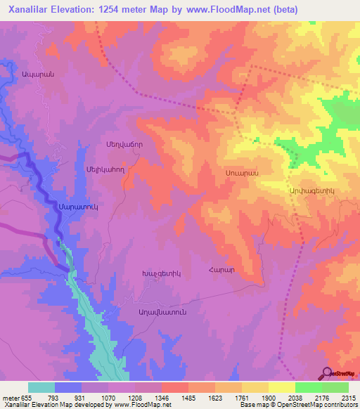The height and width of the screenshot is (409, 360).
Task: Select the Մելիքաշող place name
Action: [105, 169]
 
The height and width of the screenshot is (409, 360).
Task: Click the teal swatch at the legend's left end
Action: [41, 387]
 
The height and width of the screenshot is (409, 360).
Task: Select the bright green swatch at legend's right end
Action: [335, 387]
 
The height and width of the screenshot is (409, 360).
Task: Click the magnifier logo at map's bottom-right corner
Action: [327, 373]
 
